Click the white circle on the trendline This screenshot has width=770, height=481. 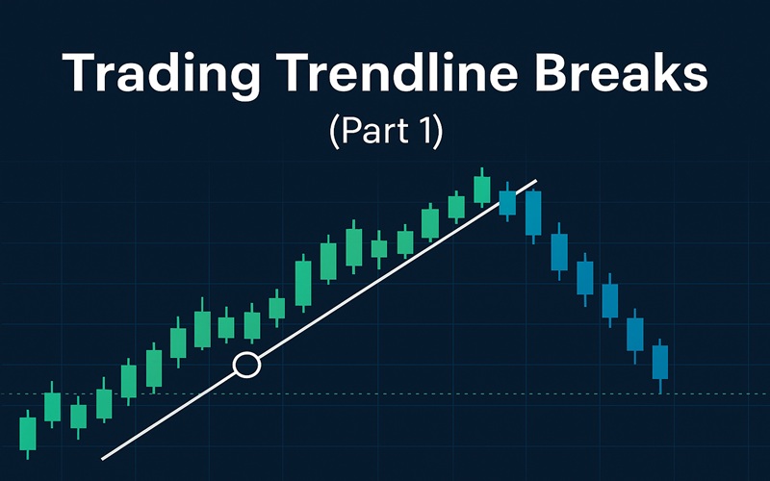point(247,365)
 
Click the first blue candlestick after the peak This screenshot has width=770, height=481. point(508,201)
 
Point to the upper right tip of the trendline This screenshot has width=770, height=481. point(535,180)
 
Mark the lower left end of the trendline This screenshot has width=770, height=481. point(102,458)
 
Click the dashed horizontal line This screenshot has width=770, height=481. point(385,394)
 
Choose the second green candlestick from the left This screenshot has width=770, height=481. point(53,407)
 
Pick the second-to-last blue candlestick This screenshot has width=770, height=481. point(634,333)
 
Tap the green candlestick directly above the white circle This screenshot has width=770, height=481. point(252,326)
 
